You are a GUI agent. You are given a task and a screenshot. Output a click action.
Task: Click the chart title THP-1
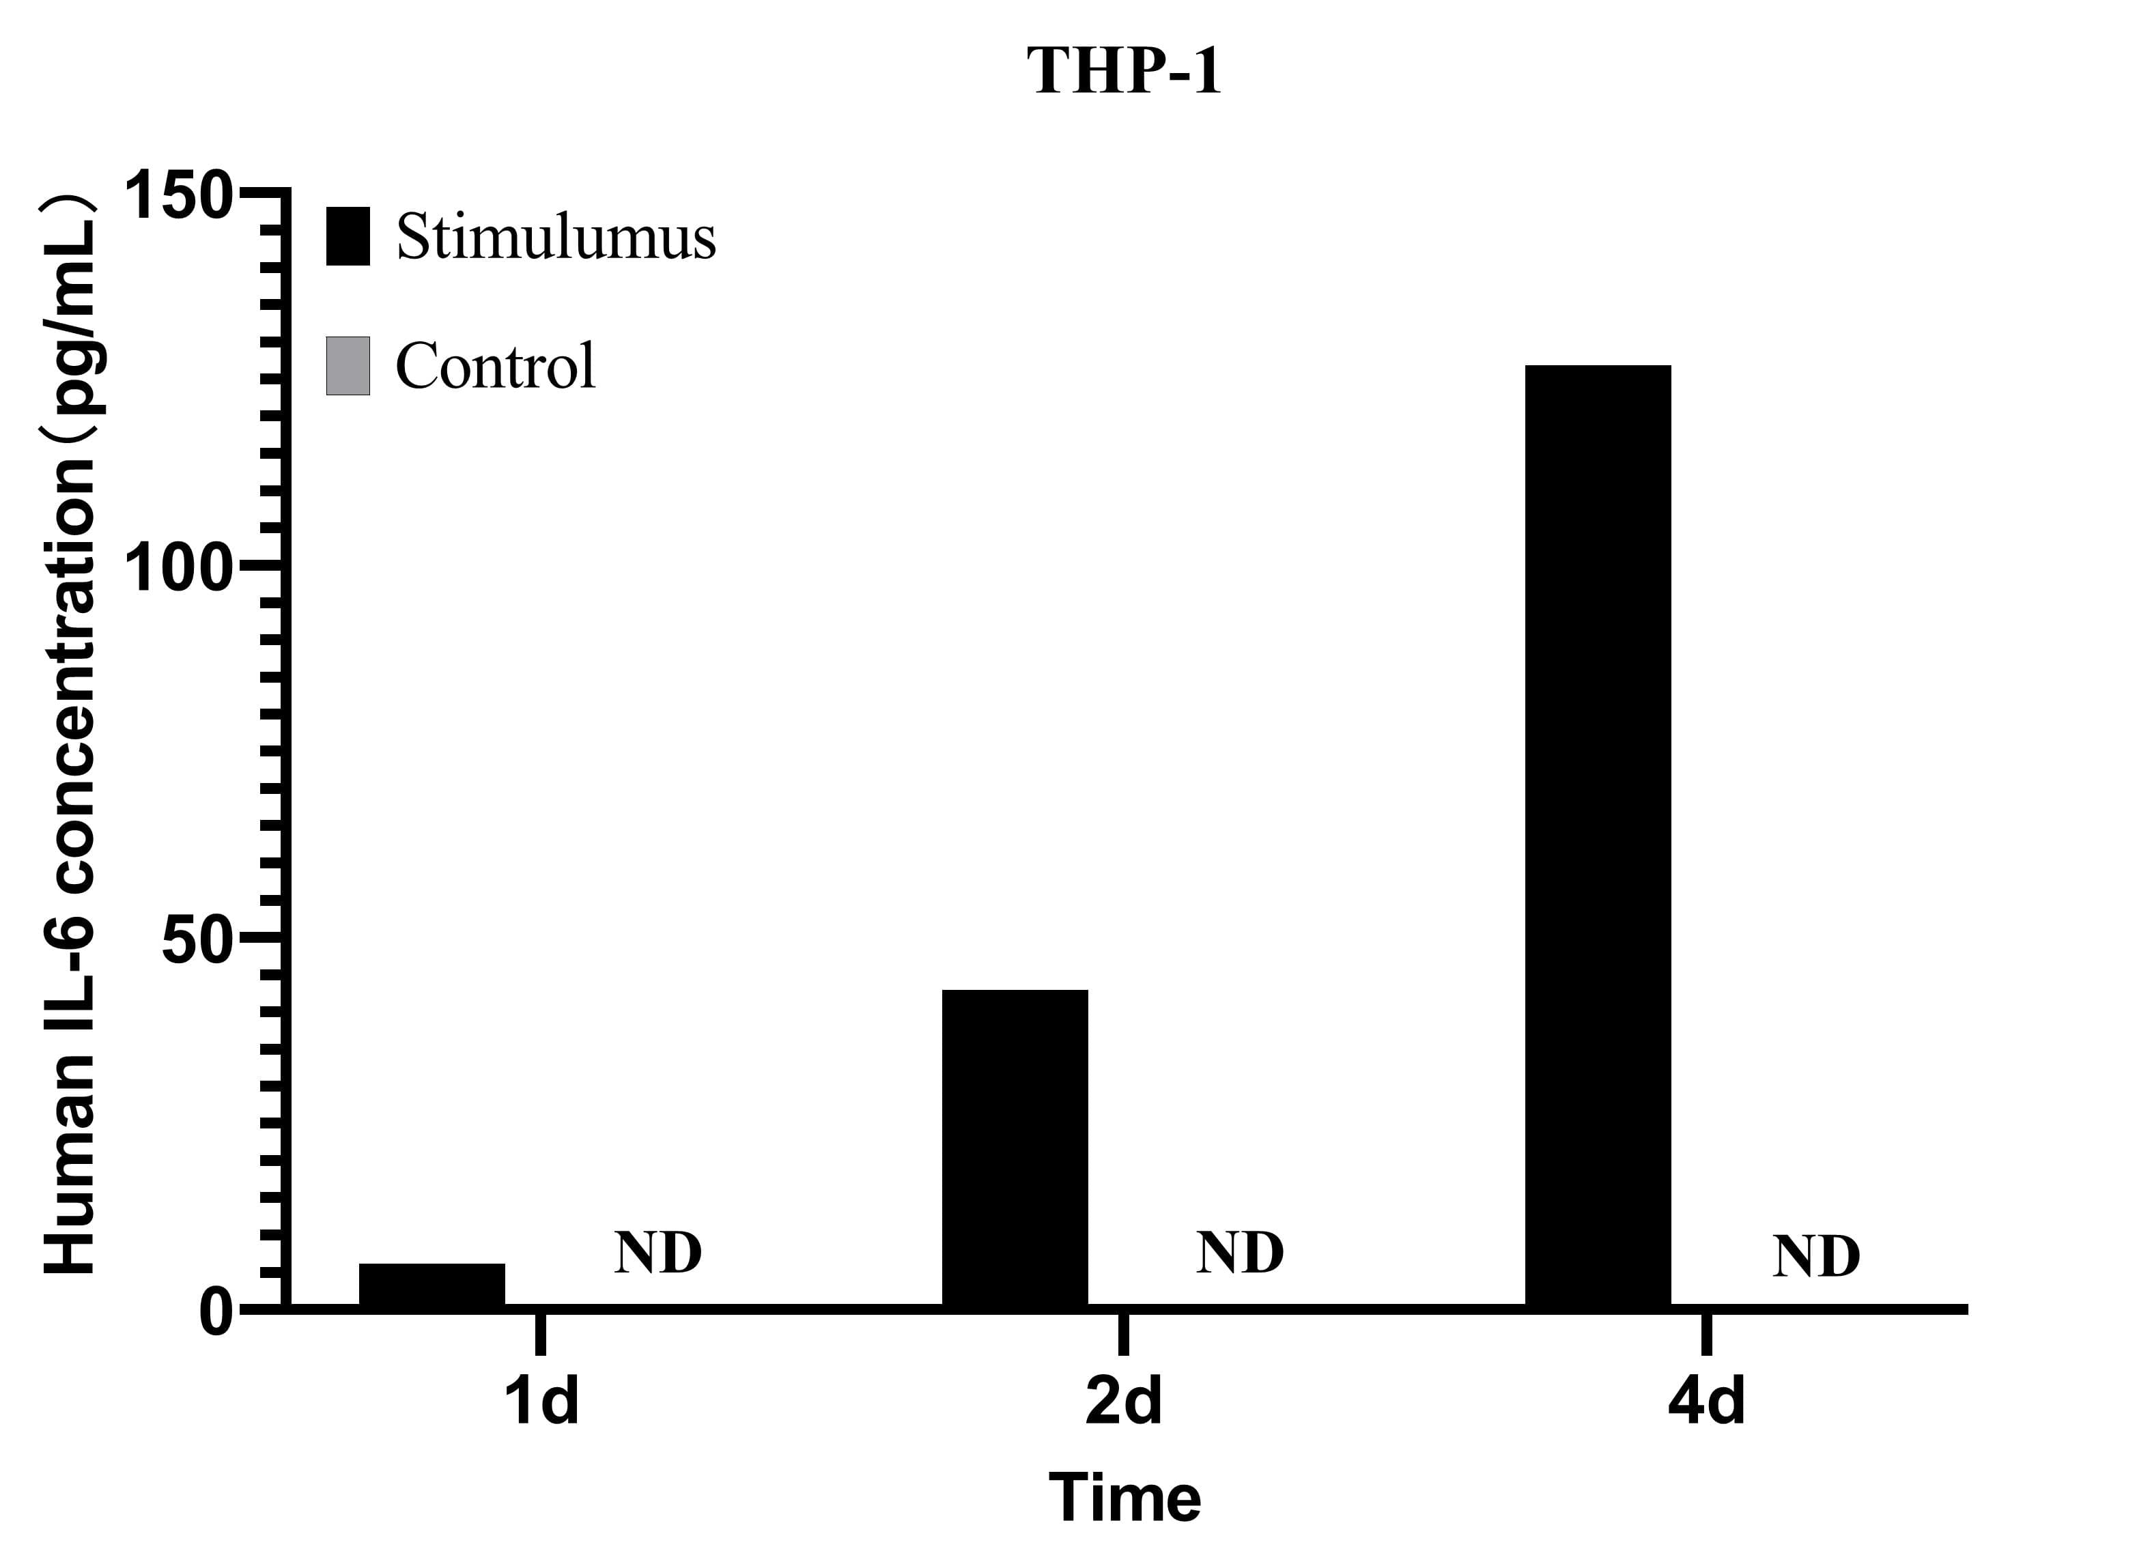tap(1125, 71)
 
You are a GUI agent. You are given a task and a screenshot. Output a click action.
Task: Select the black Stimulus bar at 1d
tap(432, 1285)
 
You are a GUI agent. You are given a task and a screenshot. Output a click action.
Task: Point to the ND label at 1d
tap(658, 1253)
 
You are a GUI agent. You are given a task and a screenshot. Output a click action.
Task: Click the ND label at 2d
tap(1240, 1253)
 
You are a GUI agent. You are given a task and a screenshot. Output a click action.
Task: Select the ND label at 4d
tap(1816, 1258)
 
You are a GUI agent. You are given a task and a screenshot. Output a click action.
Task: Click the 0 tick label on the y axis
tap(216, 1313)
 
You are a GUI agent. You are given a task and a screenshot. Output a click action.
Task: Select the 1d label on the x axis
tap(540, 1403)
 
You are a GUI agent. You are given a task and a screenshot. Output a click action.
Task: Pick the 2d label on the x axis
tap(1123, 1403)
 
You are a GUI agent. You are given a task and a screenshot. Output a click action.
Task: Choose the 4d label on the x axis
tap(1706, 1403)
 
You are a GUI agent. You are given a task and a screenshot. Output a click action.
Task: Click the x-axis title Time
tap(1125, 1498)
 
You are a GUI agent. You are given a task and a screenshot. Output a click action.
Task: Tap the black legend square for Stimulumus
tap(348, 236)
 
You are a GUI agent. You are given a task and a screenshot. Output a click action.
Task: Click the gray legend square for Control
tap(348, 366)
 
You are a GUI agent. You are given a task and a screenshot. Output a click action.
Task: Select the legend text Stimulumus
tap(556, 236)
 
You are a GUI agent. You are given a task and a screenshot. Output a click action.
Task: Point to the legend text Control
tap(496, 366)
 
